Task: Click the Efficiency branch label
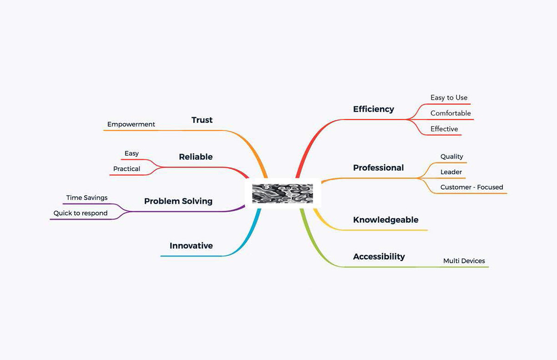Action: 373,109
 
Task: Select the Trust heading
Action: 202,120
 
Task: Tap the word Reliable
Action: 195,157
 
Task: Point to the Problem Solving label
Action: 178,201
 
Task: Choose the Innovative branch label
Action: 191,245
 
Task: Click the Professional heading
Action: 378,167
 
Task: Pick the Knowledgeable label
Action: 385,219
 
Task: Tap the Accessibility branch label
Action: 379,257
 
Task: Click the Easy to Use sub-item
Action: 449,97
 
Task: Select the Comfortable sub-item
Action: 450,113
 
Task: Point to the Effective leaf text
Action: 444,129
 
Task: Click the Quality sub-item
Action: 452,156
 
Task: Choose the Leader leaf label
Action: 451,172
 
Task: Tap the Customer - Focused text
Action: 472,187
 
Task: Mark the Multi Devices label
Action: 464,261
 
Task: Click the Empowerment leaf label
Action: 131,124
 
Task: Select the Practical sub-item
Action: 126,169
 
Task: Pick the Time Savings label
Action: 87,198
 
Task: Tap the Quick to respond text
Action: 80,213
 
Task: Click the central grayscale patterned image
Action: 282,193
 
